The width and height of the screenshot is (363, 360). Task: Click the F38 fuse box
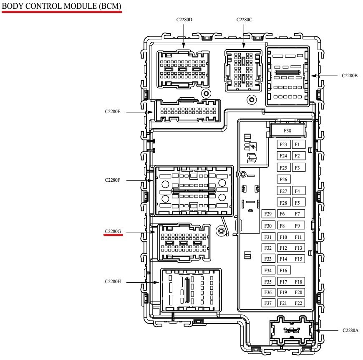(287, 130)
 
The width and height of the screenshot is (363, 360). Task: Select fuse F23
(284, 145)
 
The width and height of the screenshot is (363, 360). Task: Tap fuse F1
(297, 145)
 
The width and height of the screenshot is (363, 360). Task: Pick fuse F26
(284, 180)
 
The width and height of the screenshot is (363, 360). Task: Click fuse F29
(268, 214)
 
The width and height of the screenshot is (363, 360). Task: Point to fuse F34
(268, 271)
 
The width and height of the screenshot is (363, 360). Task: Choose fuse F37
(268, 303)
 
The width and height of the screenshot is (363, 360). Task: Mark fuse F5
(297, 203)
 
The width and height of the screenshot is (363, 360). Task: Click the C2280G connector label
(113, 231)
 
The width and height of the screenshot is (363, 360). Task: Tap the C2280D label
(184, 20)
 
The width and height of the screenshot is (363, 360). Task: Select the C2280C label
(244, 20)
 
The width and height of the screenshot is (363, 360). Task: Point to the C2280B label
(350, 76)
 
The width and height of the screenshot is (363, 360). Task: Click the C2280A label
(350, 330)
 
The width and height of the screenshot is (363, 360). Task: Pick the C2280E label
(113, 112)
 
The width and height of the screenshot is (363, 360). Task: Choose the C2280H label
(113, 282)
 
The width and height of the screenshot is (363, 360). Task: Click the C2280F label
(113, 180)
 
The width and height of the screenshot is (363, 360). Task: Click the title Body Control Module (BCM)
(62, 7)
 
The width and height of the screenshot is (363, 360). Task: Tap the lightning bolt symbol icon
(253, 147)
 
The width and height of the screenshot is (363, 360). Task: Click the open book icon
(252, 157)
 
